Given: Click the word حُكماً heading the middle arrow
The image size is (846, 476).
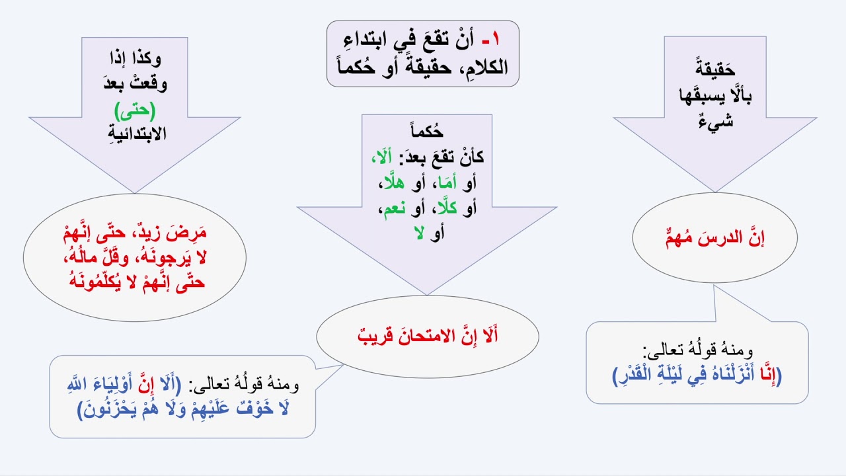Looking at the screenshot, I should tap(427, 132).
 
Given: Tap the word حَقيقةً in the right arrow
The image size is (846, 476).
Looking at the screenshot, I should tap(716, 69).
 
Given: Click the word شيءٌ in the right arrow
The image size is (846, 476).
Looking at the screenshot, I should tap(715, 123).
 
